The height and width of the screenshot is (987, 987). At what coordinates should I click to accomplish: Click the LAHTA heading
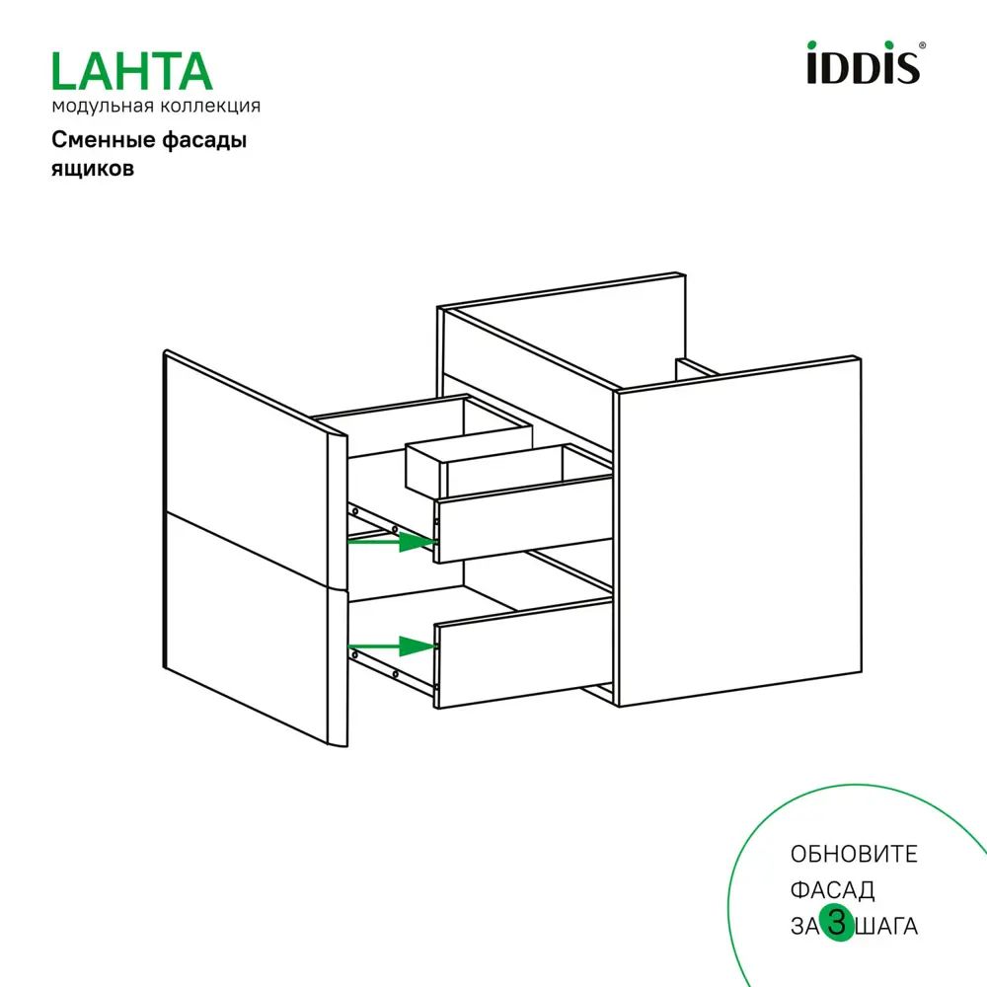[131, 71]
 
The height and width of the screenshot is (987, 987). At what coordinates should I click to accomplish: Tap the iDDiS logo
[863, 64]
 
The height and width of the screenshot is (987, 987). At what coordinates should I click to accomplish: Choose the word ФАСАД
[832, 890]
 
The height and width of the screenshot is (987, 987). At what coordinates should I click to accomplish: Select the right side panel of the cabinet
[735, 533]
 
